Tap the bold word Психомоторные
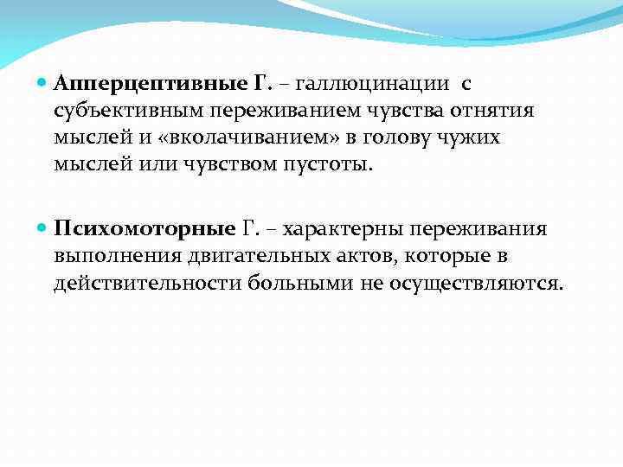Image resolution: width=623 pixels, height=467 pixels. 145,228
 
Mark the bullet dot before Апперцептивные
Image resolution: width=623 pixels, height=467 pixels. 44,84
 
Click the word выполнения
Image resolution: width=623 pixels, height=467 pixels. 122,256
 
